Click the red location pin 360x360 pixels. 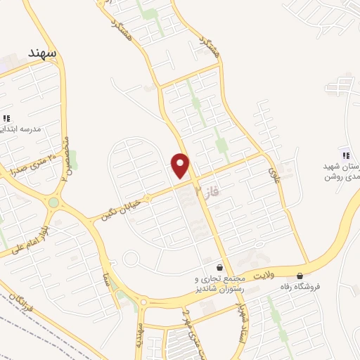[x=181, y=166]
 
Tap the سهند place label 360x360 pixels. [x=42, y=53]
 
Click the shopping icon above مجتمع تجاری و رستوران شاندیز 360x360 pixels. [x=220, y=267]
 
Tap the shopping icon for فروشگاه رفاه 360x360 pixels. [x=301, y=276]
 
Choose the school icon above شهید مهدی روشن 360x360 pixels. [x=345, y=155]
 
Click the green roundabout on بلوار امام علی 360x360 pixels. [x=53, y=202]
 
